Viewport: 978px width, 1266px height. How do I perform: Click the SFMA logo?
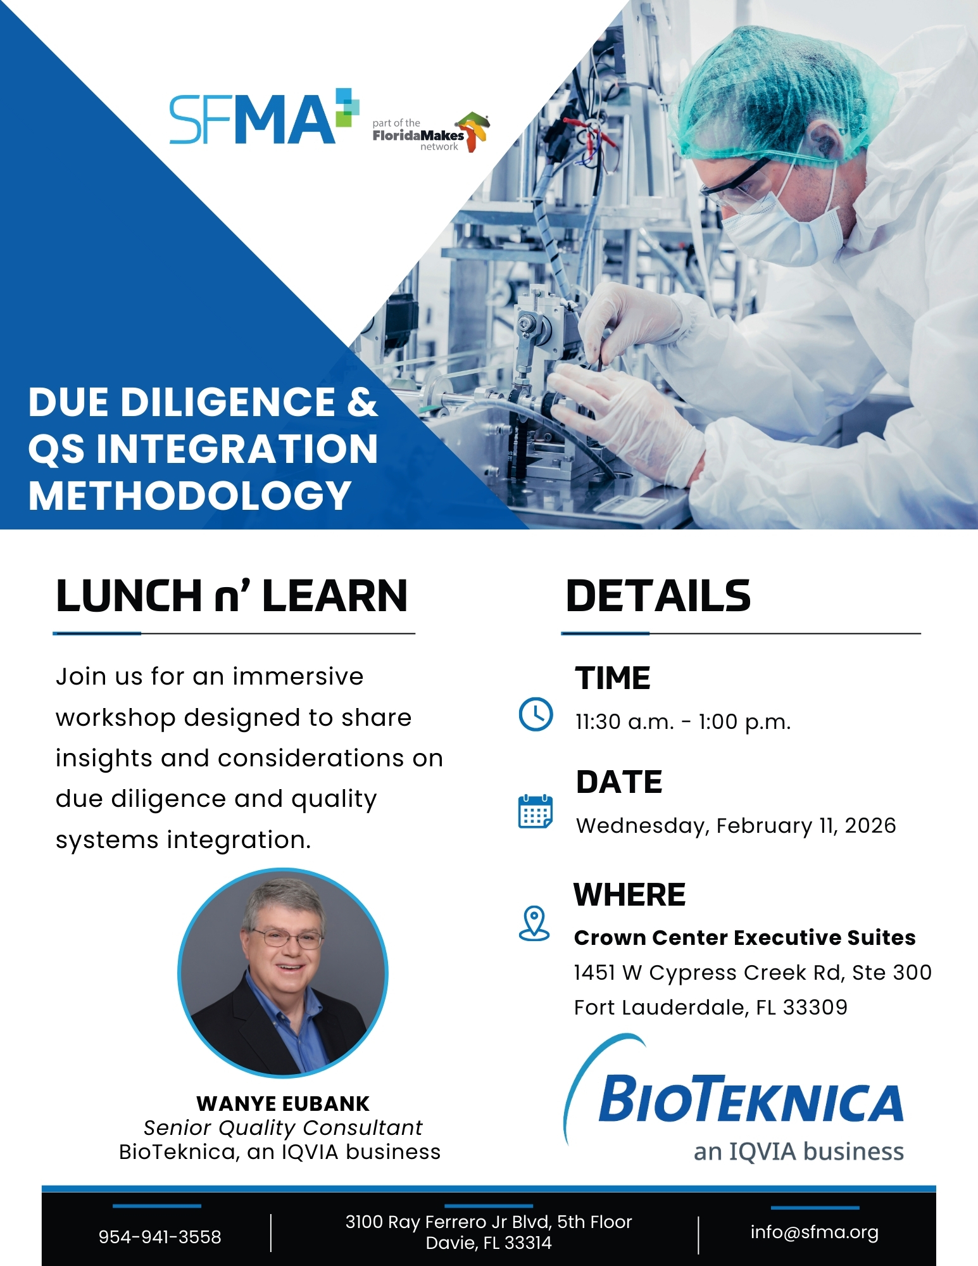coord(264,118)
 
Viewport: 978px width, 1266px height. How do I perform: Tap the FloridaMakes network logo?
coord(431,133)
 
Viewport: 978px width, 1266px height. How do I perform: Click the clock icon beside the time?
coord(536,714)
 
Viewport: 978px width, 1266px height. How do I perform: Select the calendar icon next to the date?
coord(536,811)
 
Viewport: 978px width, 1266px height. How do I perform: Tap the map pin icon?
coord(534,923)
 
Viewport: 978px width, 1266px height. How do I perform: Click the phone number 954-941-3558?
coord(160,1237)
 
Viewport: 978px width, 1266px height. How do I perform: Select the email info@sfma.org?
coord(815,1232)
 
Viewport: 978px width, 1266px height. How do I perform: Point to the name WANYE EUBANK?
coord(283,1104)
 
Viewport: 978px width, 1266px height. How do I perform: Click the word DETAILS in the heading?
coord(658,596)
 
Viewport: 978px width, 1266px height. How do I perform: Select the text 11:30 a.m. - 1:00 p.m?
coord(683,722)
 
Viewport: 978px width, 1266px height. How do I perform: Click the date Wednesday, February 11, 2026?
coord(736,826)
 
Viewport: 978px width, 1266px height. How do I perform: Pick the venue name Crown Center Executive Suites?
coord(745,937)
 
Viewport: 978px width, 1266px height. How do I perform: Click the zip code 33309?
coord(815,1007)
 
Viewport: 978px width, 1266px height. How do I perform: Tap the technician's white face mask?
coord(779,222)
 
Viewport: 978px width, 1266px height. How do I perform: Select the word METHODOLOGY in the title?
coord(190,495)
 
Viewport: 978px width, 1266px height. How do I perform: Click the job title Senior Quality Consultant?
coord(282,1128)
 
